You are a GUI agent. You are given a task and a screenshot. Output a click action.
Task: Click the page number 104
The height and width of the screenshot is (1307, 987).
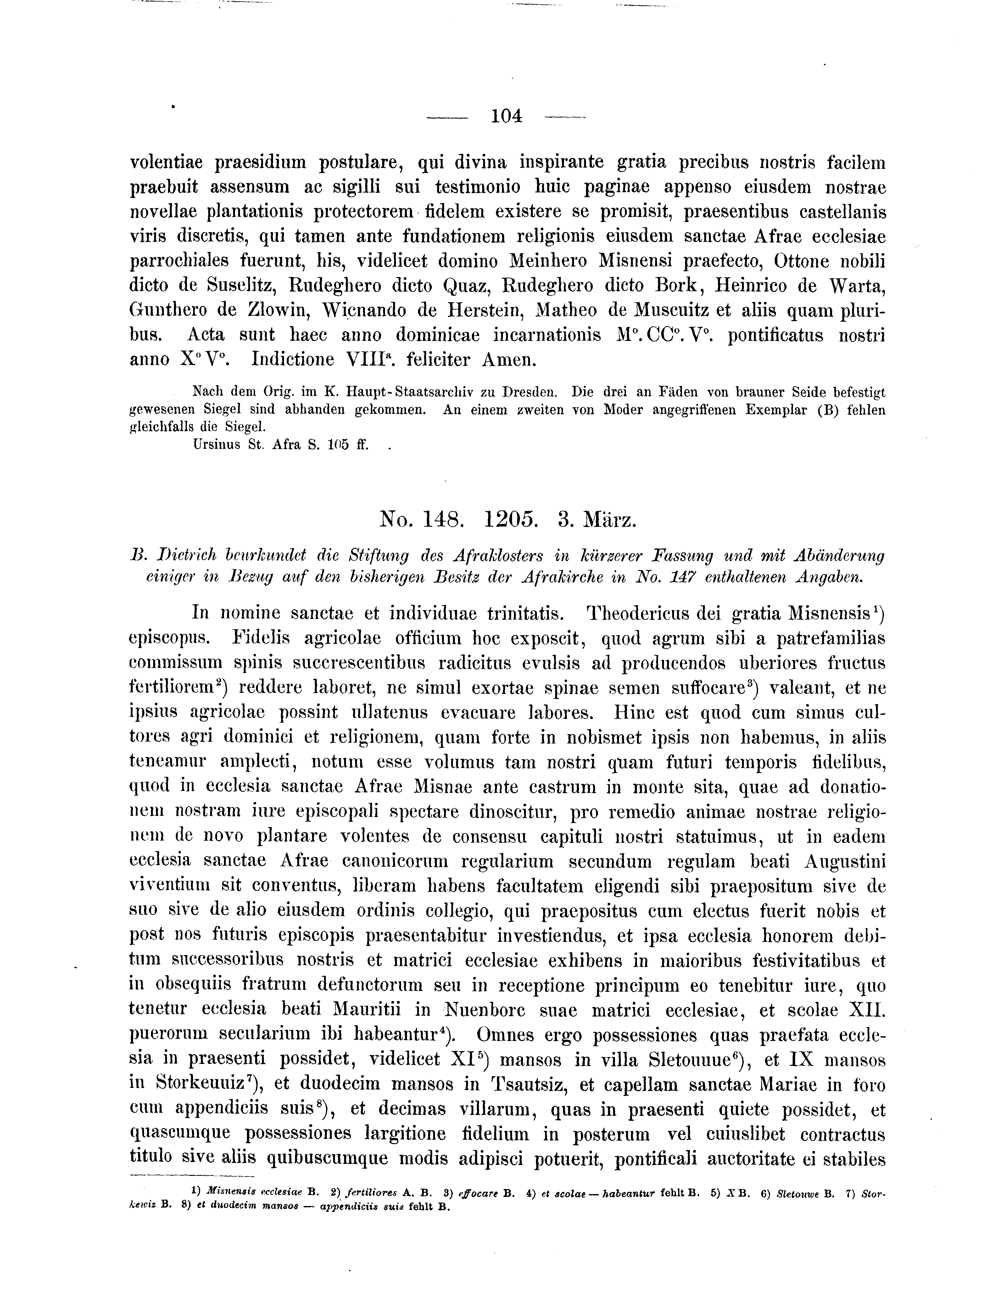pos(506,116)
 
